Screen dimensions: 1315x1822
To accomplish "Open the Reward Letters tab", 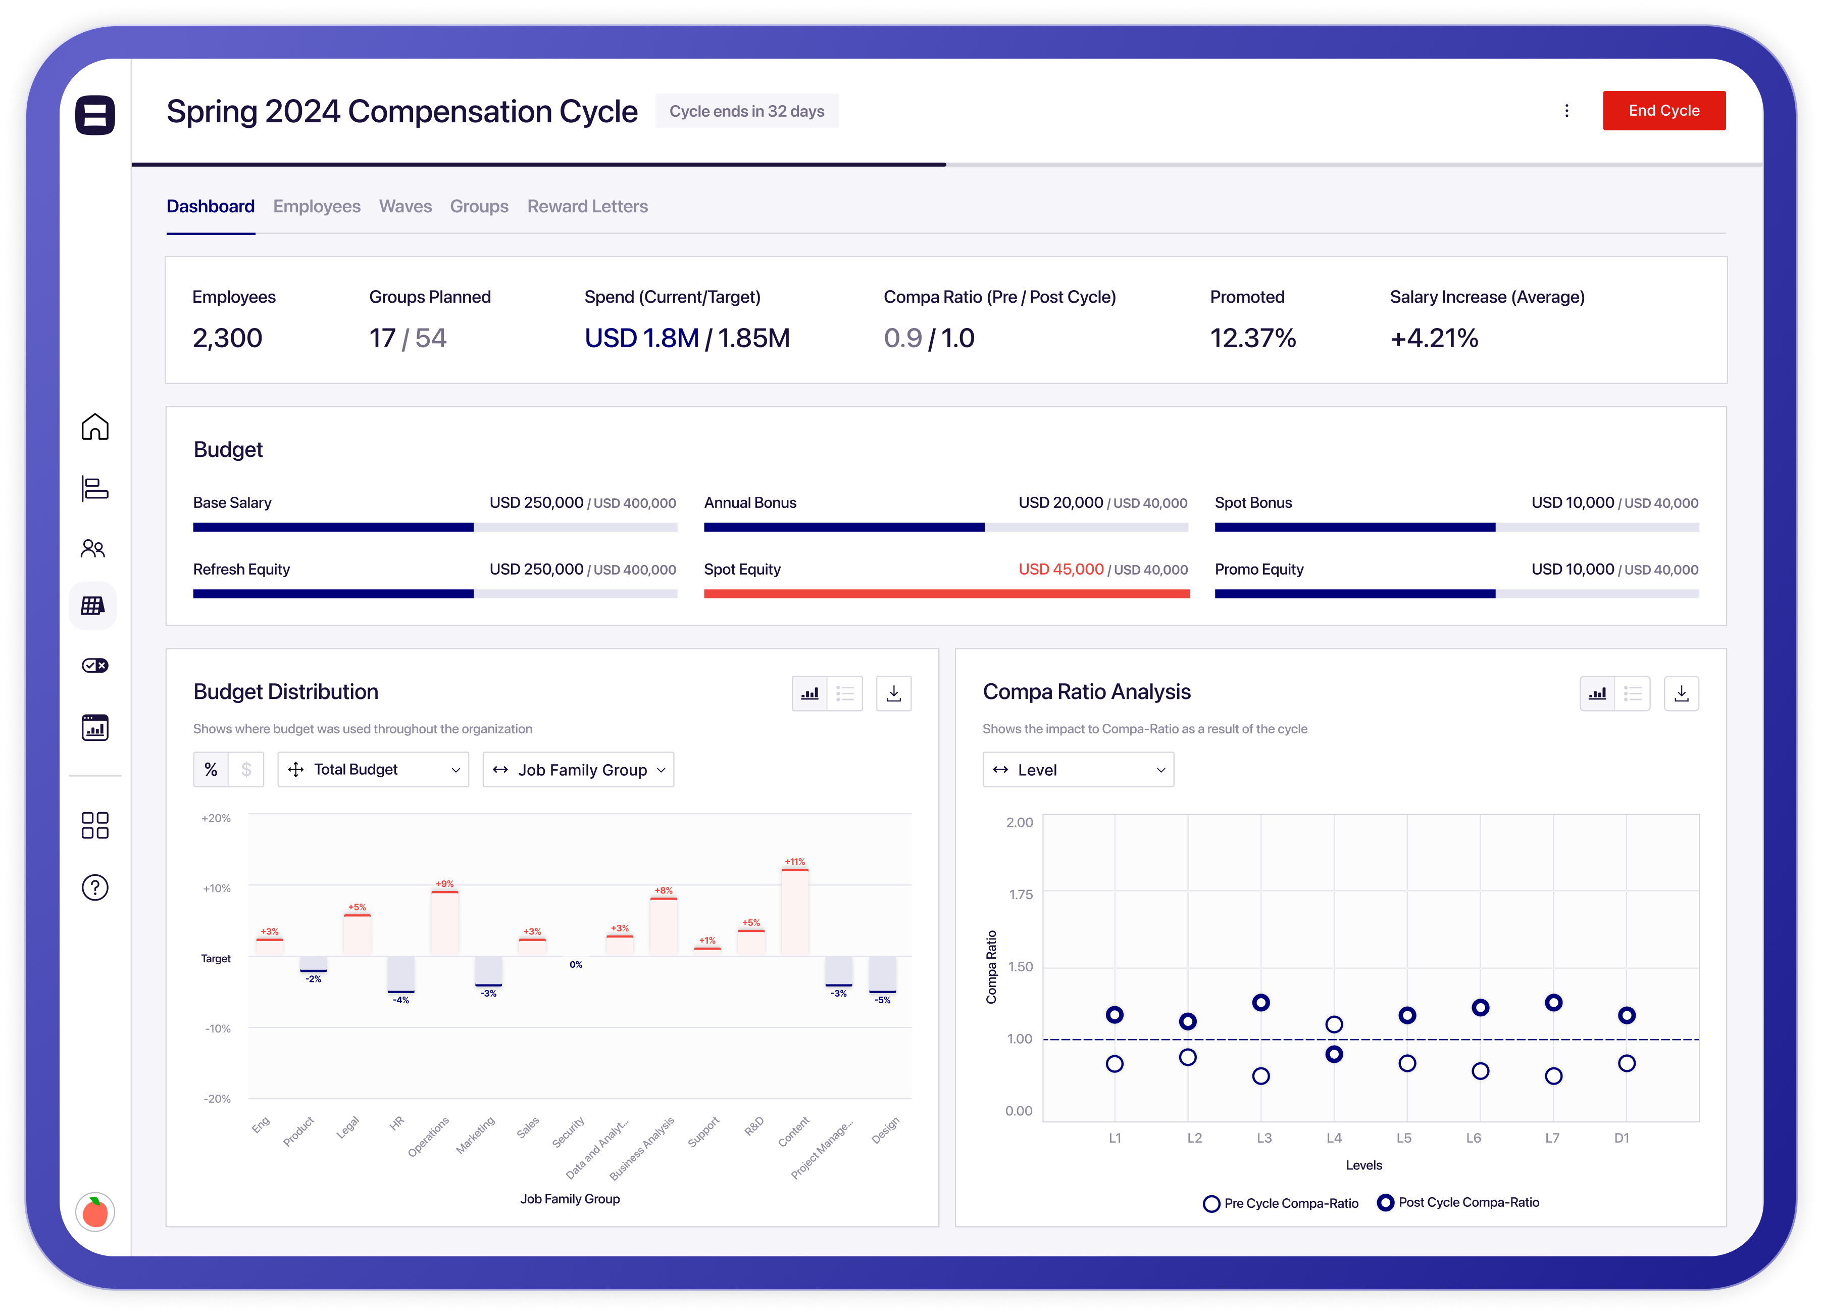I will [x=587, y=207].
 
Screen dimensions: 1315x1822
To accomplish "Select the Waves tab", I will [x=405, y=207].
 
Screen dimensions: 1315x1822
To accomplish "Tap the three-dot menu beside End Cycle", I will [x=1566, y=111].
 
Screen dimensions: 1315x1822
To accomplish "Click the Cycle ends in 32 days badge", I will [x=746, y=111].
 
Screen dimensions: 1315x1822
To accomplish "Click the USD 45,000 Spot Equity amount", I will [x=1060, y=569].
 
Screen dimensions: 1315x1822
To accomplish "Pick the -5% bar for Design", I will [x=882, y=975].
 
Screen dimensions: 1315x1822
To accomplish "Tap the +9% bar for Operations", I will [x=444, y=923].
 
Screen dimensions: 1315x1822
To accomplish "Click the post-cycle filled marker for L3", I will [x=1260, y=1002].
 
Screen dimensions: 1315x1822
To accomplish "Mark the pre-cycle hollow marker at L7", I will [x=1553, y=1075].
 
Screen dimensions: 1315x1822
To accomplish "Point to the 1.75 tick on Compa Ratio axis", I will [x=1020, y=895].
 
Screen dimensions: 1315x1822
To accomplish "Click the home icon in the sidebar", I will [x=95, y=427].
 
